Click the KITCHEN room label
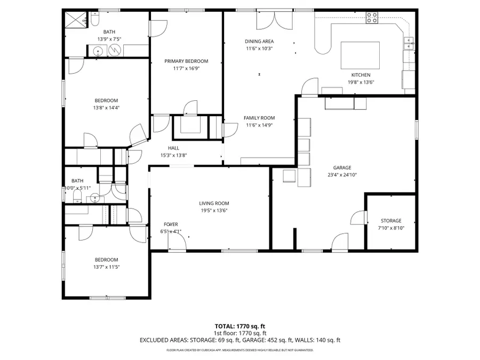pyautogui.click(x=361, y=75)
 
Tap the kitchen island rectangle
pyautogui.click(x=360, y=55)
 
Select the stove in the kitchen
pyautogui.click(x=372, y=18)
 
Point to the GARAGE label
pyautogui.click(x=342, y=167)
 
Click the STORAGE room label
pyautogui.click(x=391, y=221)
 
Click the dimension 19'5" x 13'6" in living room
pyautogui.click(x=214, y=210)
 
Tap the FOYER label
pyautogui.click(x=171, y=225)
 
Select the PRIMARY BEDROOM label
pyautogui.click(x=186, y=61)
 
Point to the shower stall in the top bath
pyautogui.click(x=74, y=20)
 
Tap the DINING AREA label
pyautogui.click(x=259, y=41)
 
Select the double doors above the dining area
pyautogui.click(x=274, y=20)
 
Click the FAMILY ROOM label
pyautogui.click(x=259, y=118)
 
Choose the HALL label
pyautogui.click(x=173, y=148)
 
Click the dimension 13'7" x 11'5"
pyautogui.click(x=106, y=267)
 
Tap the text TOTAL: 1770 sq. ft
pyautogui.click(x=239, y=325)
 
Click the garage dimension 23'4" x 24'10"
pyautogui.click(x=342, y=174)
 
